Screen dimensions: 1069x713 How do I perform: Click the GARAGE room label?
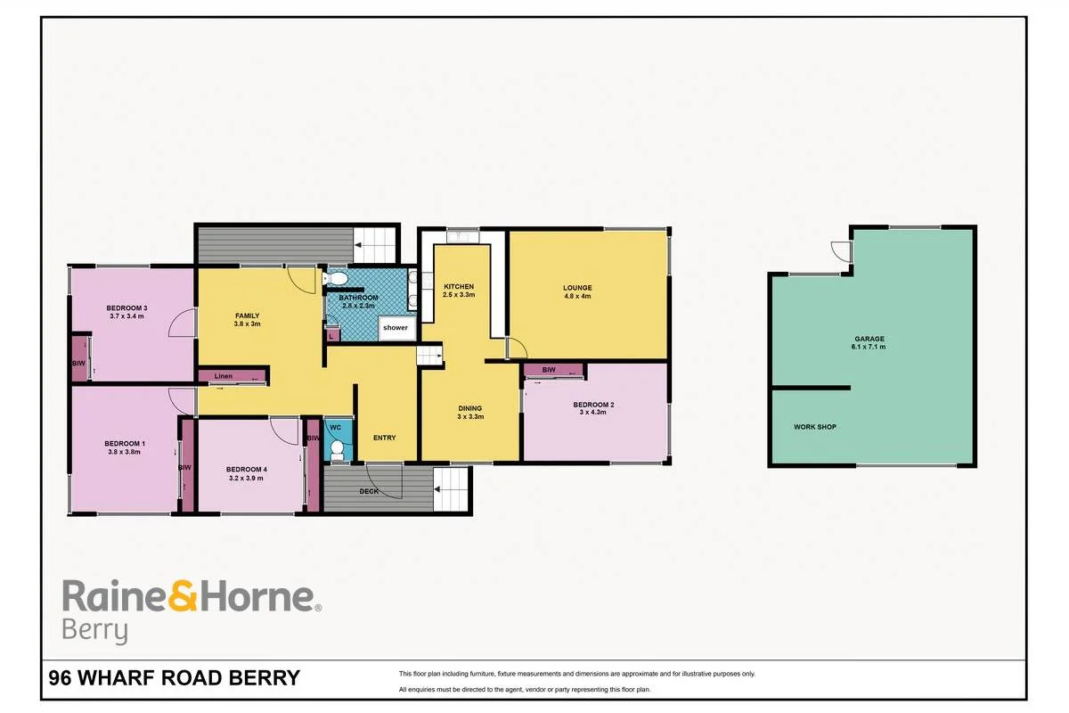(x=869, y=339)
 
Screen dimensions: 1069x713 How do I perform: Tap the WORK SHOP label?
(x=815, y=427)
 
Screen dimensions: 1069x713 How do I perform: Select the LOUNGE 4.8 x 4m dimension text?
(x=577, y=296)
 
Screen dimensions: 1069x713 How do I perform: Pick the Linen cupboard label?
(x=224, y=376)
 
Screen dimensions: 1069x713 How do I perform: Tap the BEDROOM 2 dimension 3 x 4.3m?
(x=593, y=412)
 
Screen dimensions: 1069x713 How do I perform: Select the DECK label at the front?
(x=369, y=491)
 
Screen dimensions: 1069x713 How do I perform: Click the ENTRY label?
(x=385, y=438)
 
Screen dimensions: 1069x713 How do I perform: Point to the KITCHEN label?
(x=459, y=287)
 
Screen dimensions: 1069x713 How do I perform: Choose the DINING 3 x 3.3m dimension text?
(x=470, y=416)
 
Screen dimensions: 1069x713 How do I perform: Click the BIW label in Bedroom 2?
(x=549, y=370)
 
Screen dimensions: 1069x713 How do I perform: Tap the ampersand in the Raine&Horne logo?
(x=183, y=595)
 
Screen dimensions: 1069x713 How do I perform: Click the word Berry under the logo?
(x=94, y=631)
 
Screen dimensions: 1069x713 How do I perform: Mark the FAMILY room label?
(x=248, y=316)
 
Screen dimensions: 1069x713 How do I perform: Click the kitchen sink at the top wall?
(x=462, y=237)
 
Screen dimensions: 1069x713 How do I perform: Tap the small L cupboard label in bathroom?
(x=330, y=337)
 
